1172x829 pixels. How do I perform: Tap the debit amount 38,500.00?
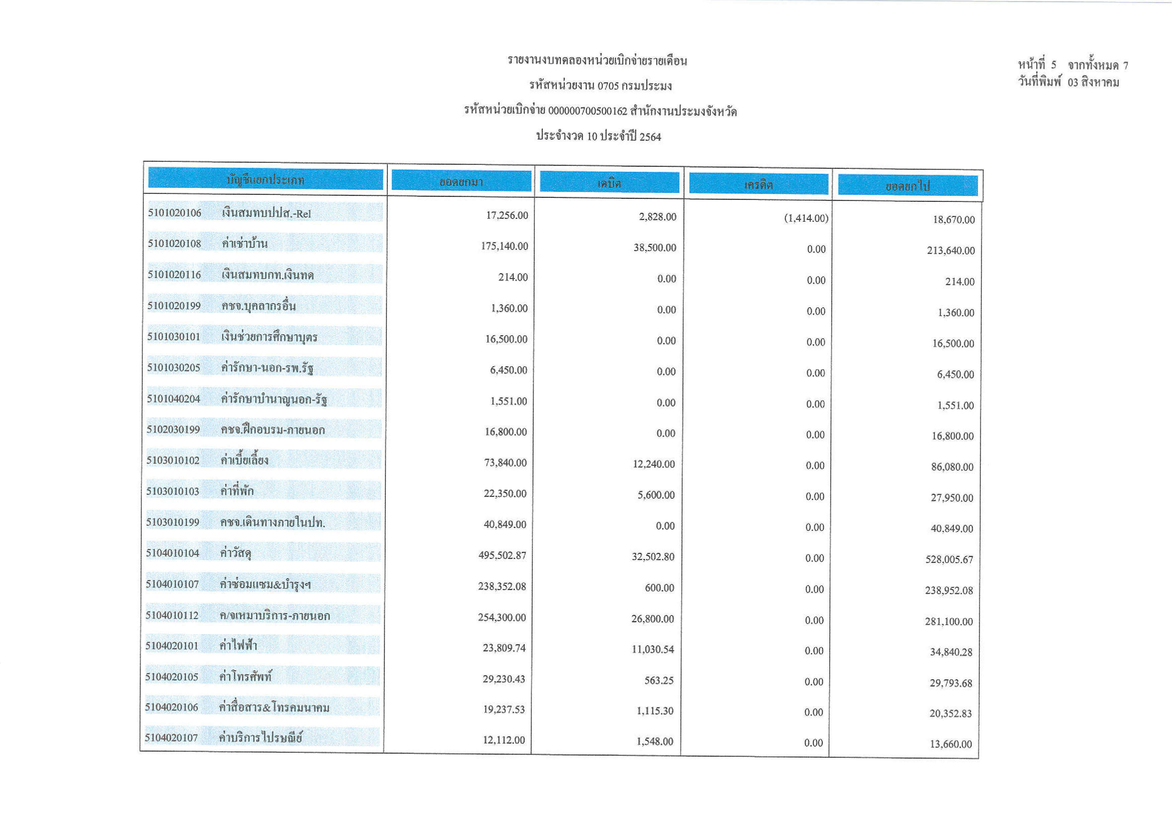(655, 247)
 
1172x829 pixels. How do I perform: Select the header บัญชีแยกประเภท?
(266, 180)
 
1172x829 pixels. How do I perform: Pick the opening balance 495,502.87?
(502, 555)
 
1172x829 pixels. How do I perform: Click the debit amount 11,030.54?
(653, 649)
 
